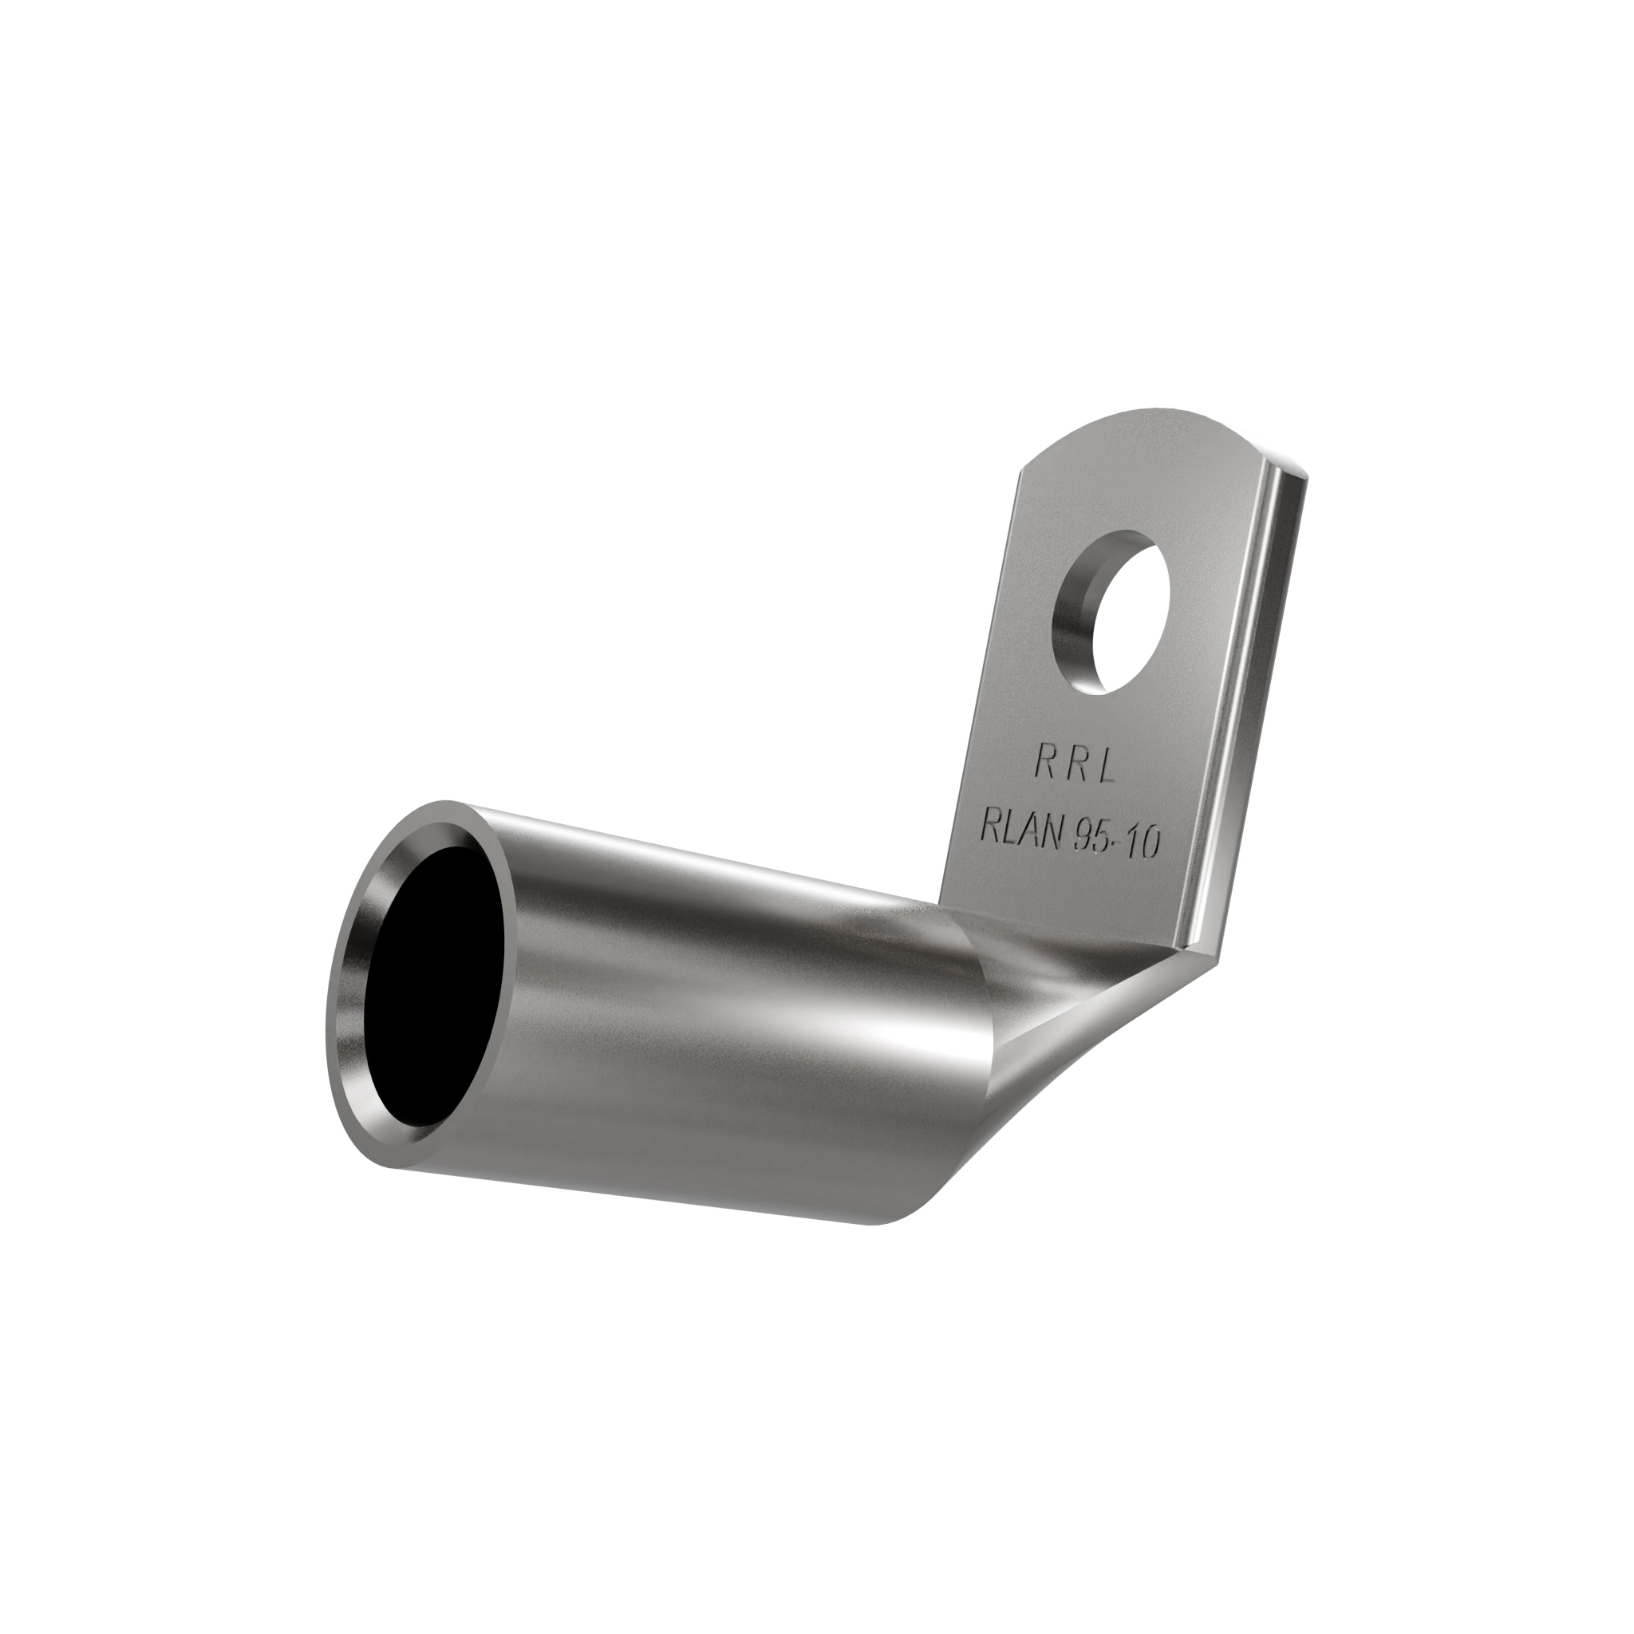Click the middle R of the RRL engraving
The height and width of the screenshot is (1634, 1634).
[x=1075, y=764]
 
